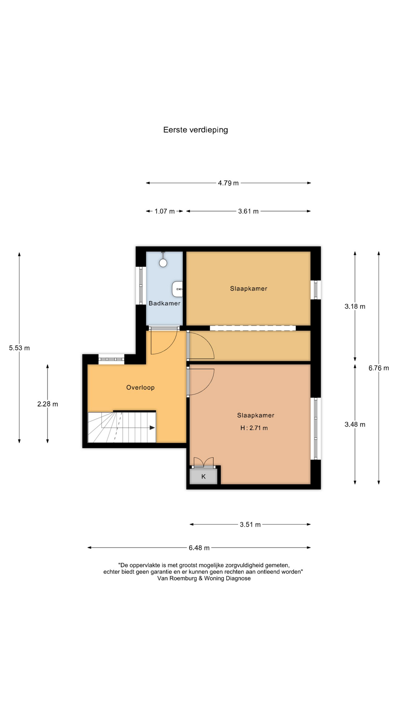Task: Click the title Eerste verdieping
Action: [x=196, y=130]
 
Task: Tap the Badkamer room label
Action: [x=164, y=303]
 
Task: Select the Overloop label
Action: [x=140, y=388]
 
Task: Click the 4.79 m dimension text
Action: [x=228, y=183]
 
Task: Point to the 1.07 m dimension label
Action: [x=164, y=211]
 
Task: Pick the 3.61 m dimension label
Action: [x=248, y=211]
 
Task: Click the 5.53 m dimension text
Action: [x=20, y=348]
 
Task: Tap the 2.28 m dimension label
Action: [x=48, y=404]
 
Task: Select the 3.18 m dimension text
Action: [x=355, y=306]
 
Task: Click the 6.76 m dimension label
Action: [x=379, y=368]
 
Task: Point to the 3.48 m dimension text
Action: [x=355, y=424]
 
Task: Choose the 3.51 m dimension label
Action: [x=250, y=525]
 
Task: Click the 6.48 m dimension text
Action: [x=199, y=548]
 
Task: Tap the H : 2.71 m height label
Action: [x=254, y=428]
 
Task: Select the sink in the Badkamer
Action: [x=177, y=289]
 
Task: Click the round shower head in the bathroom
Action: [x=163, y=263]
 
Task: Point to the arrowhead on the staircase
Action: [x=152, y=428]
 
